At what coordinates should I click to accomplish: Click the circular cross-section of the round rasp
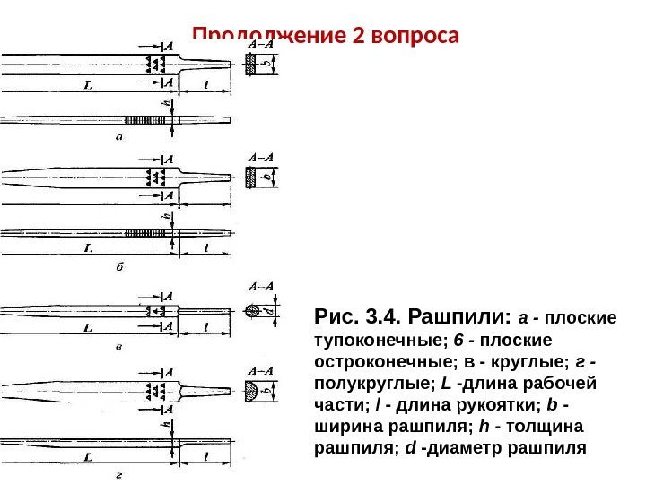pyautogui.click(x=256, y=311)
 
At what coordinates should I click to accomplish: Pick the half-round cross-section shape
pyautogui.click(x=257, y=391)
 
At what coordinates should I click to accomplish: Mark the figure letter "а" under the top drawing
pyautogui.click(x=119, y=137)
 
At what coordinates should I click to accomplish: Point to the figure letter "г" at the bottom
pyautogui.click(x=119, y=475)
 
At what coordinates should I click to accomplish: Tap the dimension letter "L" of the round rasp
pyautogui.click(x=87, y=328)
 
